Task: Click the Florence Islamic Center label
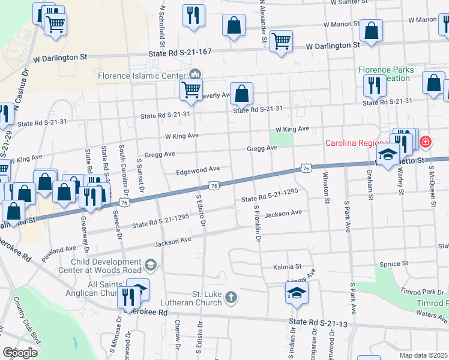(x=142, y=76)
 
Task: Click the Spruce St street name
(x=394, y=263)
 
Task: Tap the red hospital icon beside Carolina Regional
(x=426, y=142)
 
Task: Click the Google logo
(x=20, y=353)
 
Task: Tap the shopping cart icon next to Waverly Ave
(x=191, y=89)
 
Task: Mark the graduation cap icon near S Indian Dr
(x=296, y=293)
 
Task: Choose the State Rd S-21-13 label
(x=318, y=322)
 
